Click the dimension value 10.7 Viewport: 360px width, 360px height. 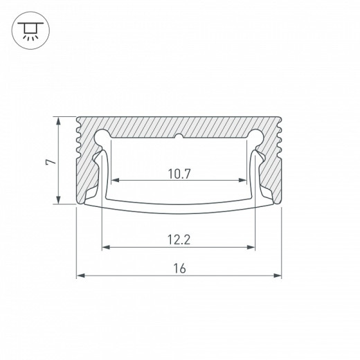(179, 174)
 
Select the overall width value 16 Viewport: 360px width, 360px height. (179, 269)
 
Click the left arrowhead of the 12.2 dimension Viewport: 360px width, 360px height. (106, 246)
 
